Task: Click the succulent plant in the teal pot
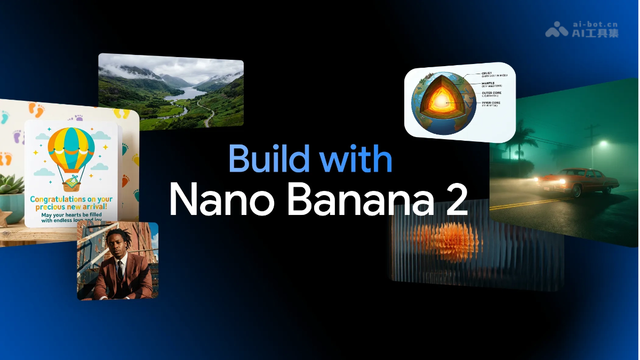coord(11,185)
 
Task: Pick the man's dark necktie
coord(120,270)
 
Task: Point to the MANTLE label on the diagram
coord(488,83)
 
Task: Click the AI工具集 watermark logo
coord(582,29)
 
